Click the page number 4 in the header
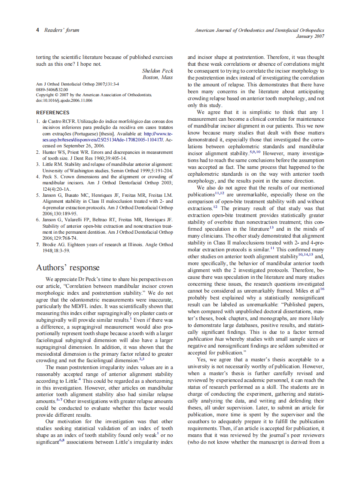(38, 30)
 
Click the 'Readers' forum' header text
(62, 30)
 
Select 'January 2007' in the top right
(310, 36)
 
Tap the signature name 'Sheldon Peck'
(158, 70)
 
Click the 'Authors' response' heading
(67, 268)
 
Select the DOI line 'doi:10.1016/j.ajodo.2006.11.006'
(64, 101)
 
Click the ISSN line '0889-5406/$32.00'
(52, 89)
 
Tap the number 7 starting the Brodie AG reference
(38, 244)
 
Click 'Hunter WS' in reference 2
(54, 152)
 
